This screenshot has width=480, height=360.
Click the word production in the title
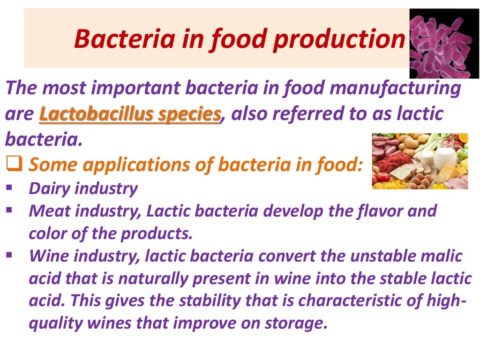339,39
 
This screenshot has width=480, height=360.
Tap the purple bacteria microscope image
444,43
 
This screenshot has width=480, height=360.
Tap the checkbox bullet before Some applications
15,164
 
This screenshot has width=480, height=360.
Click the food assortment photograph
420,161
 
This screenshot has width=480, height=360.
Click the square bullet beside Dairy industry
10,187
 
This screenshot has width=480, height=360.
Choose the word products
164,233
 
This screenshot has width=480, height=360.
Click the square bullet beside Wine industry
10,255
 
